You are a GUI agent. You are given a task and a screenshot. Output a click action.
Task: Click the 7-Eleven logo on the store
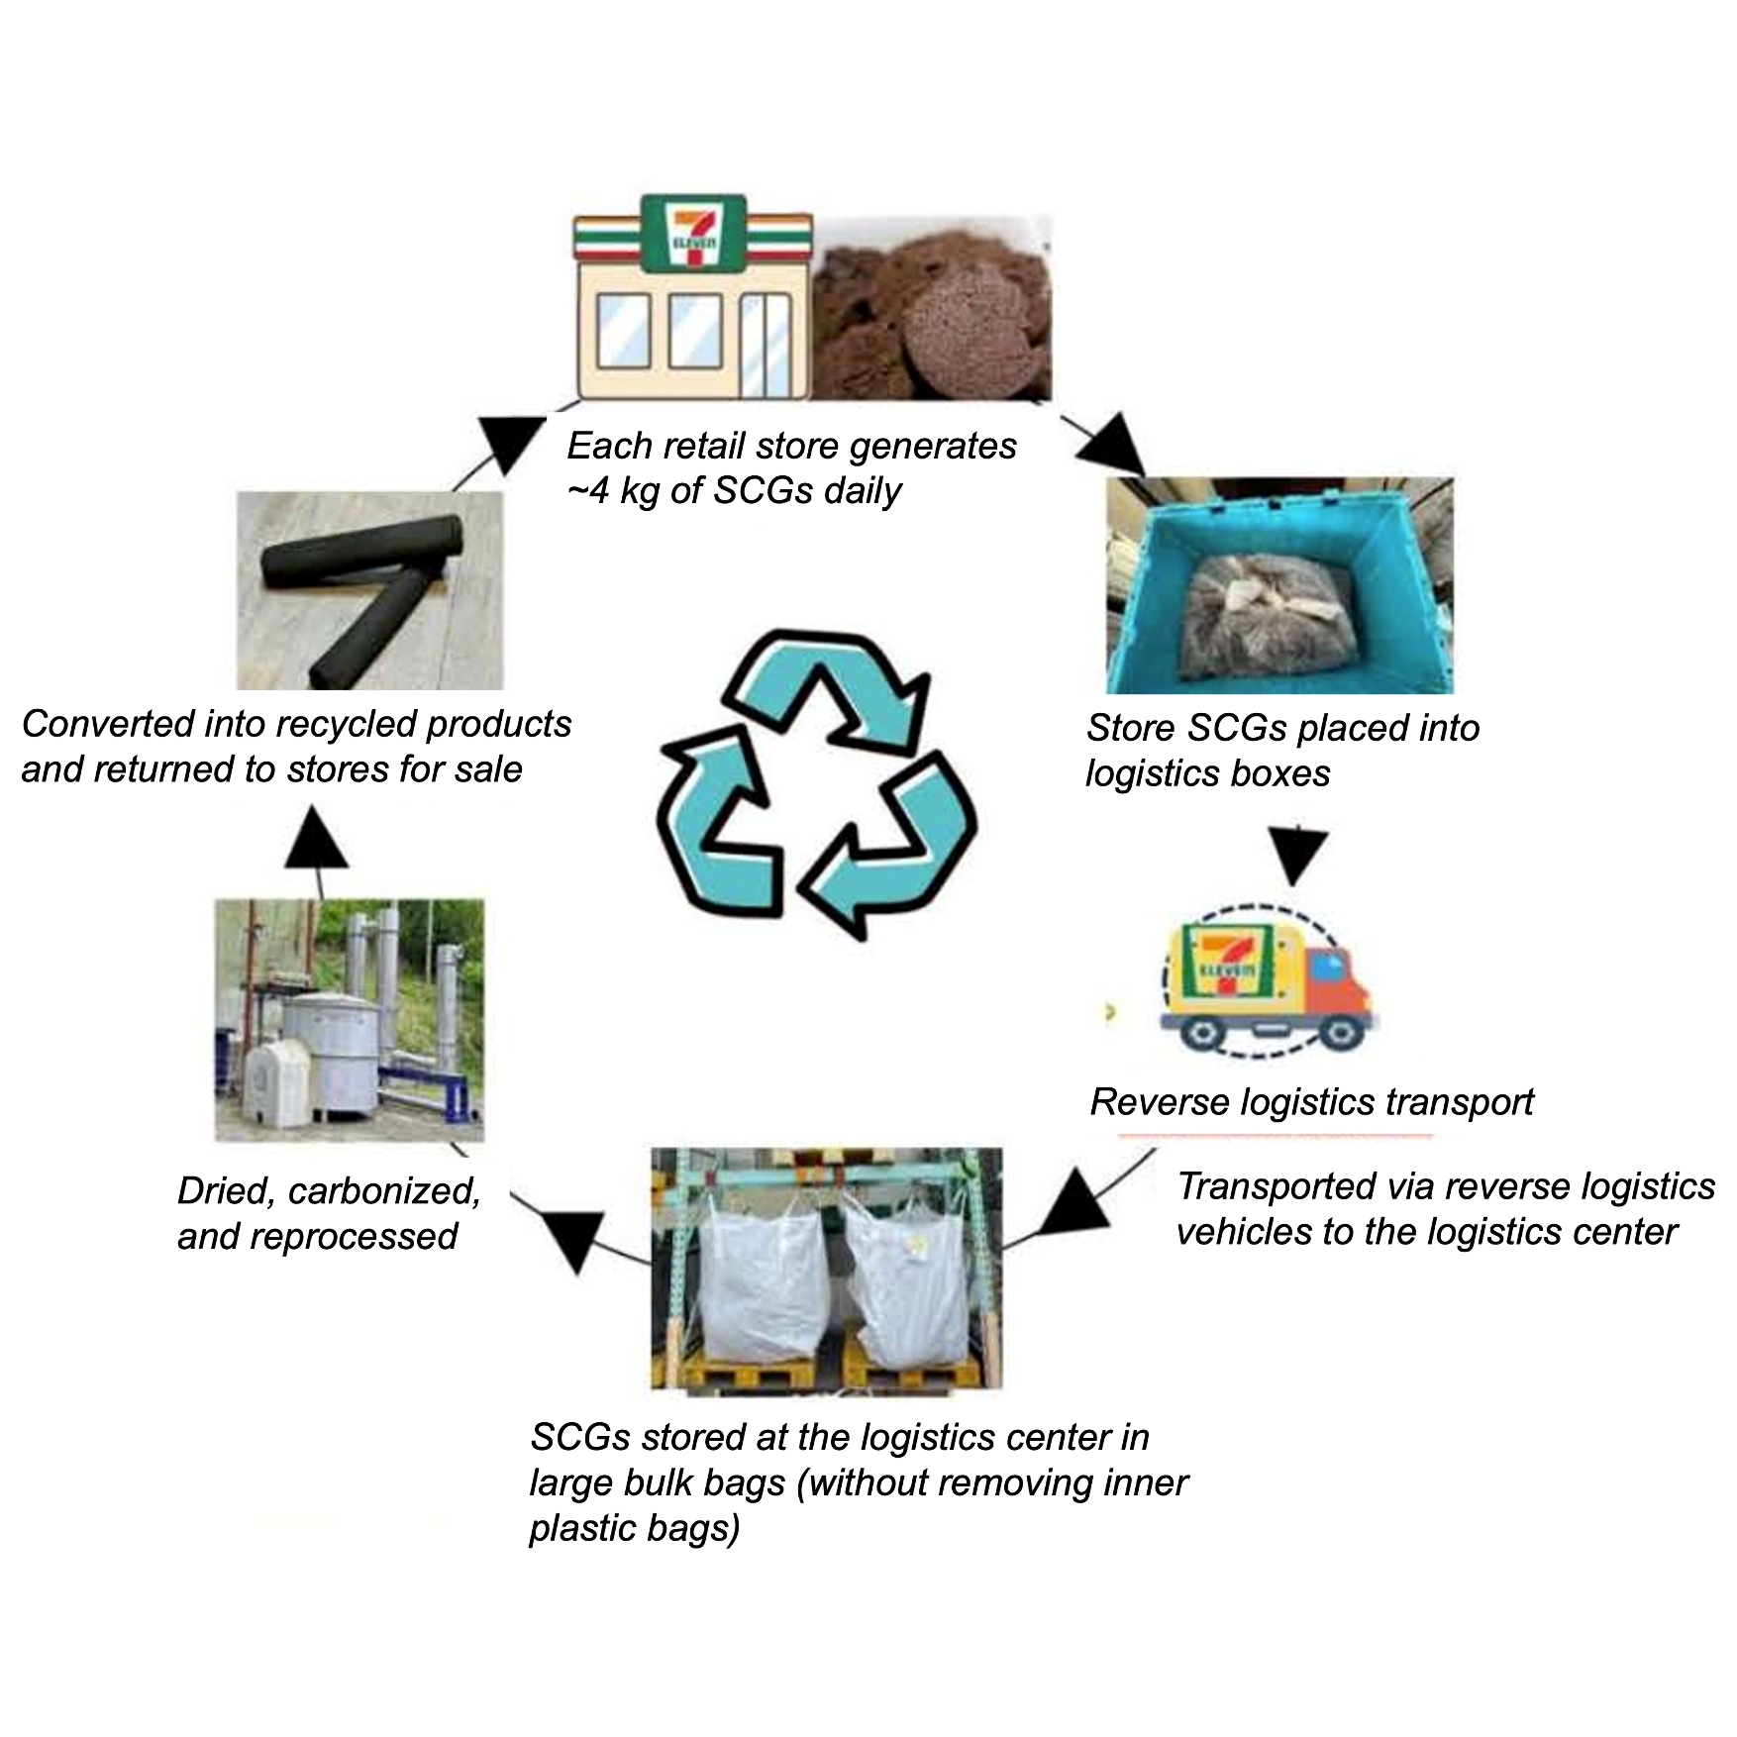point(692,234)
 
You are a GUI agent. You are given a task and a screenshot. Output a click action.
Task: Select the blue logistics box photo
point(1278,585)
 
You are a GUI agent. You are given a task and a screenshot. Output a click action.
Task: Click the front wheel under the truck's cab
point(1339,1033)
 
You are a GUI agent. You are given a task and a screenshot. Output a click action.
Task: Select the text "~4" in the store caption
point(588,491)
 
